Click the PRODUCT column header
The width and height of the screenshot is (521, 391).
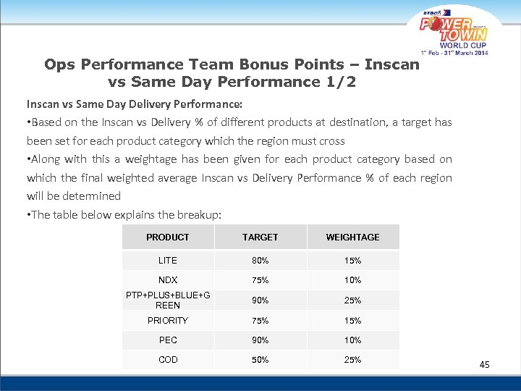168,237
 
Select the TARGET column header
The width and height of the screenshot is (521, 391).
260,237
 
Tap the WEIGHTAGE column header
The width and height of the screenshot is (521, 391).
352,237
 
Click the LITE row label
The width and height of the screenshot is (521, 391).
168,261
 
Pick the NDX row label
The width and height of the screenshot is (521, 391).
168,280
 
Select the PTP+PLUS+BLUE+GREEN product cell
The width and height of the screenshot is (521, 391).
168,300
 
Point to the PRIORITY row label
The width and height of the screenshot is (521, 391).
168,321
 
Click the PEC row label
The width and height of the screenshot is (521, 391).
168,340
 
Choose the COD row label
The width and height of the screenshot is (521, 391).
168,360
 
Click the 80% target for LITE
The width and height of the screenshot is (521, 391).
260,261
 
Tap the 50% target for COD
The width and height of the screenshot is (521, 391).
260,360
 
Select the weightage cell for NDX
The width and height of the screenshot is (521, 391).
352,280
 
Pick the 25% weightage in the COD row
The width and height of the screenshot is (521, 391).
352,360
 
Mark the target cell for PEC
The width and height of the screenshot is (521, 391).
260,340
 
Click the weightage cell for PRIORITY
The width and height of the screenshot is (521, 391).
352,321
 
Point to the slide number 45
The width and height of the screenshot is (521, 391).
484,365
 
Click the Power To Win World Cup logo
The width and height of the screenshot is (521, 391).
454,33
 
